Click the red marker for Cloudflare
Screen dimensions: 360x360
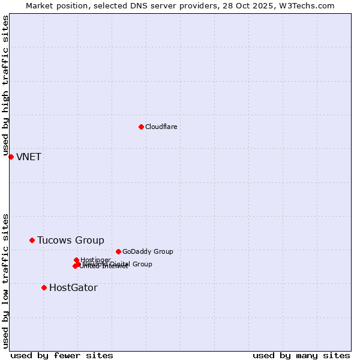pos(141,127)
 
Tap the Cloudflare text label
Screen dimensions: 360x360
pos(161,127)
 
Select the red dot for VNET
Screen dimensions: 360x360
pos(11,157)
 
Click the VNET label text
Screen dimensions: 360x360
pos(29,157)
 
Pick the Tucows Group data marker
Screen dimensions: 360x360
pos(32,240)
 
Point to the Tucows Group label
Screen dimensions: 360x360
pos(70,241)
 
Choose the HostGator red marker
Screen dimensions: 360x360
pos(44,287)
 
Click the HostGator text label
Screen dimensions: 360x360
pos(73,288)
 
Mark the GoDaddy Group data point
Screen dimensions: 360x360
pos(118,251)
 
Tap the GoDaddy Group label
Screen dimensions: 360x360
pos(148,251)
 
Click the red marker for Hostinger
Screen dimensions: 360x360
pos(76,260)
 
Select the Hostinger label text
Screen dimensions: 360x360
pos(95,260)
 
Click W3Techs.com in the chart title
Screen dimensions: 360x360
pos(309,5)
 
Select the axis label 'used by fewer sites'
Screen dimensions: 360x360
pos(62,355)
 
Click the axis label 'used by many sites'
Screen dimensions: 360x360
pos(301,355)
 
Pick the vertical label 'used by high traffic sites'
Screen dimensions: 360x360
pos(5,86)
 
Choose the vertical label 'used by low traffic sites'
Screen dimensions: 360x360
pos(5,280)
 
